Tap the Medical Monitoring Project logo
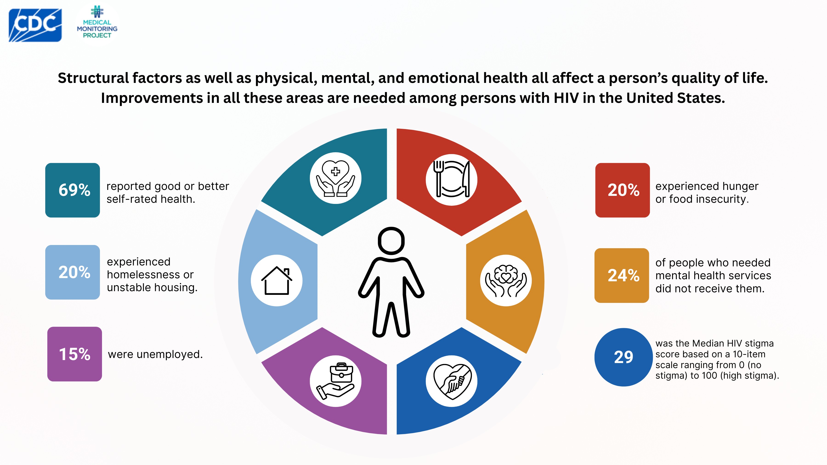97,23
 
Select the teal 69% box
73,190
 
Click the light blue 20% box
73,272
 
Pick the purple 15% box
74,354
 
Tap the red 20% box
623,190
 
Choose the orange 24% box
622,275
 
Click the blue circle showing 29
623,357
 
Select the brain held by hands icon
506,280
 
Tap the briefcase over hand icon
335,381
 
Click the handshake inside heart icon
451,381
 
